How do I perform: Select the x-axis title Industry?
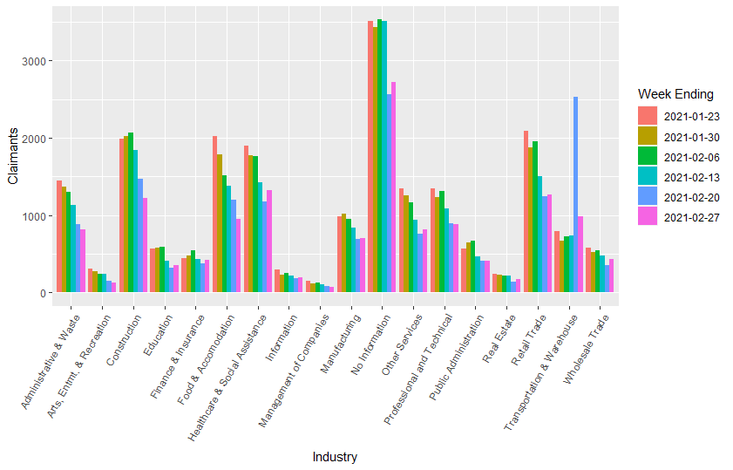tap(335, 456)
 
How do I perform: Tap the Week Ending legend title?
tap(675, 94)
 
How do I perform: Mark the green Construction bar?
tap(131, 213)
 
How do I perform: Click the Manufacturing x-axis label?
tap(336, 344)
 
